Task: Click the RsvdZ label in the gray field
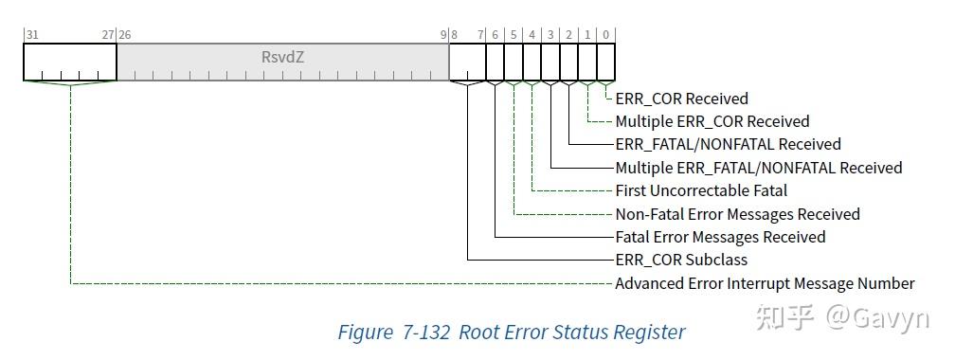[282, 57]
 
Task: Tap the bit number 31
[32, 34]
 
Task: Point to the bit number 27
[108, 34]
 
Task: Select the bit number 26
[125, 34]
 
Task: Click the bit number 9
[442, 34]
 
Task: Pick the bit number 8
[455, 34]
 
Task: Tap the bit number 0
[606, 34]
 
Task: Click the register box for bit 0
[606, 63]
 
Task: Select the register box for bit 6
[496, 63]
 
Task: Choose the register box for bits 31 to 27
[70, 63]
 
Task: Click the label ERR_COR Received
[681, 99]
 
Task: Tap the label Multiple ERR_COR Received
[712, 121]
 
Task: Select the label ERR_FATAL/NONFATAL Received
[728, 144]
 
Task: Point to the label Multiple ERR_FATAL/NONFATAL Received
[758, 168]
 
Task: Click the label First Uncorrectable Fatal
[701, 190]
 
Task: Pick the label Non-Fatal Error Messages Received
[737, 214]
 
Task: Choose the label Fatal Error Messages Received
[720, 237]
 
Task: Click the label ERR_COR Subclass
[680, 260]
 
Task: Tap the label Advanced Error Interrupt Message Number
[765, 283]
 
